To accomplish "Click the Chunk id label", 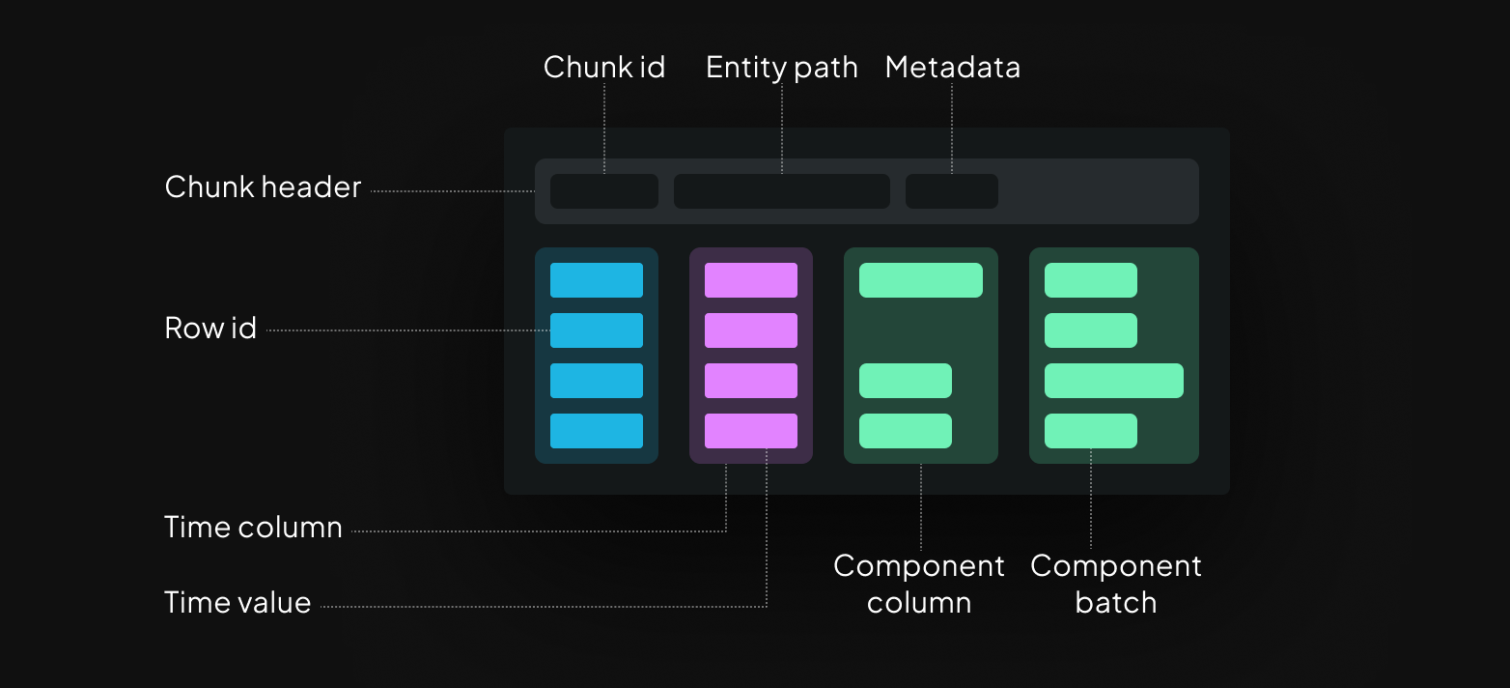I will click(604, 67).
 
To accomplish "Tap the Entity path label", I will click(781, 67).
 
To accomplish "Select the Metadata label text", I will click(952, 67).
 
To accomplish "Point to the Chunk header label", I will click(263, 187).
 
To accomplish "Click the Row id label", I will click(210, 329).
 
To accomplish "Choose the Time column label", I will click(253, 528).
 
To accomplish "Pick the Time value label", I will click(238, 603).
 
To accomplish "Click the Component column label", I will click(919, 584).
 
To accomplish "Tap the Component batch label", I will click(1115, 584).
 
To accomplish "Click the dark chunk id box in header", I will click(604, 191).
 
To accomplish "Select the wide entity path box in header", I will click(781, 191).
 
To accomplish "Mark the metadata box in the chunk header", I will click(951, 191).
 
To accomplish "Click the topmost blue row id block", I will click(597, 280).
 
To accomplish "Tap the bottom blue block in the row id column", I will click(597, 431).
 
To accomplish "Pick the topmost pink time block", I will click(751, 280).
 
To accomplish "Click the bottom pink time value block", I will click(751, 431).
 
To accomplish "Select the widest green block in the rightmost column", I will click(1113, 381).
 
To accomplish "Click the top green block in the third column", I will click(920, 280).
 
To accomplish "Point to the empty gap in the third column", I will click(920, 330).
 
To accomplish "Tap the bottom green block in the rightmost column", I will click(1090, 431).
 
